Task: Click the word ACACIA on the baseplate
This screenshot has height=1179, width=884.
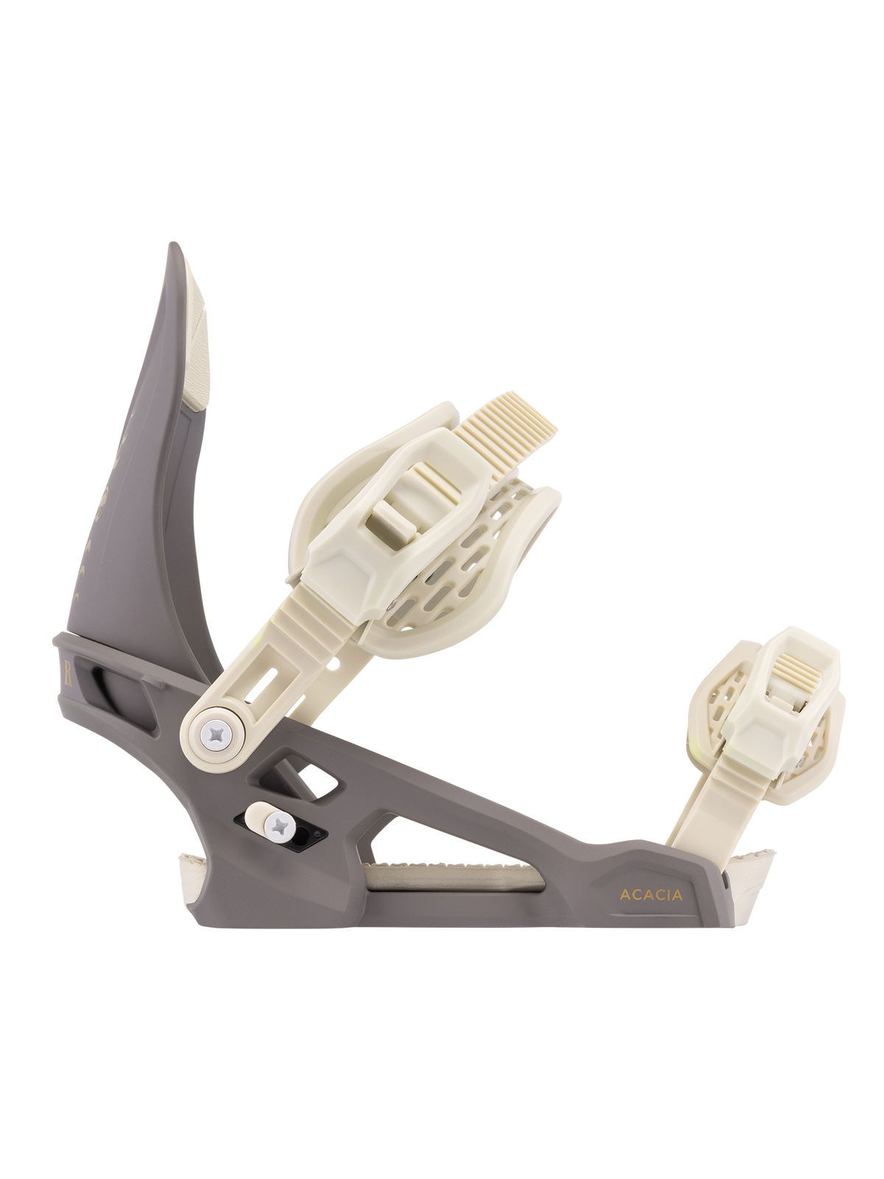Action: click(x=651, y=895)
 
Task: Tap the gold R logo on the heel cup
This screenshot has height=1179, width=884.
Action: click(x=69, y=674)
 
